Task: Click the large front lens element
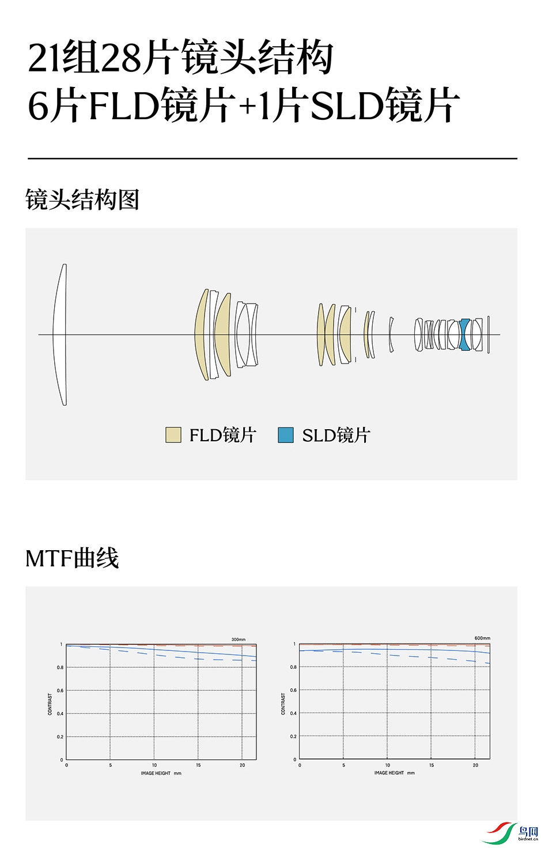(x=60, y=334)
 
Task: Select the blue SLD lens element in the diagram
(x=465, y=334)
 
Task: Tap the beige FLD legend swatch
(x=173, y=435)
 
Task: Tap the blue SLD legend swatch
(x=286, y=435)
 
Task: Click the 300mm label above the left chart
(x=239, y=639)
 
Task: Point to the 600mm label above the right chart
(x=482, y=638)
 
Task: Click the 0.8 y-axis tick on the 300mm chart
(x=60, y=668)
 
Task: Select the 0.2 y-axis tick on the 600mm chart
(x=293, y=736)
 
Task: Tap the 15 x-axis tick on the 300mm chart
(x=198, y=766)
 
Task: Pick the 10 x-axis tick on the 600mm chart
(x=387, y=766)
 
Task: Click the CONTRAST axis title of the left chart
(x=50, y=704)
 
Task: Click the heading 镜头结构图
(x=82, y=200)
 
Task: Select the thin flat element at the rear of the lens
(x=489, y=334)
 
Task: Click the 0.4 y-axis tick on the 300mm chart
(x=60, y=714)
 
